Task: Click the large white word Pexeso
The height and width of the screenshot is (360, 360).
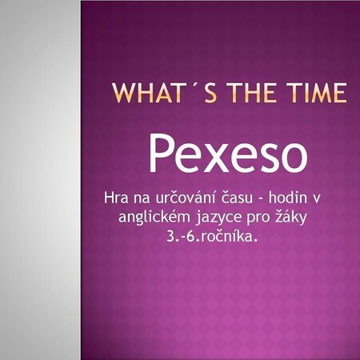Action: (228, 153)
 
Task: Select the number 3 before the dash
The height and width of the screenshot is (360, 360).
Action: (170, 237)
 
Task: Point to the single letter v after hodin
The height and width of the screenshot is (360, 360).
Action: (317, 199)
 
